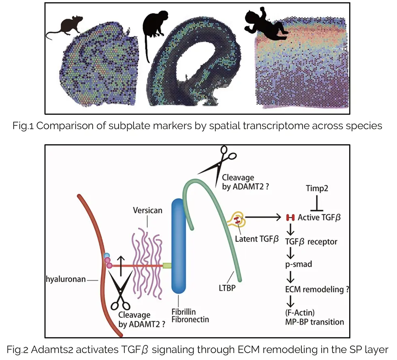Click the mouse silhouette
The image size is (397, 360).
(65, 28)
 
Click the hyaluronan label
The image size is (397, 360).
(66, 280)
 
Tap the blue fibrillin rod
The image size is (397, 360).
(179, 246)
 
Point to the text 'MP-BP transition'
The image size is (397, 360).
(314, 322)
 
